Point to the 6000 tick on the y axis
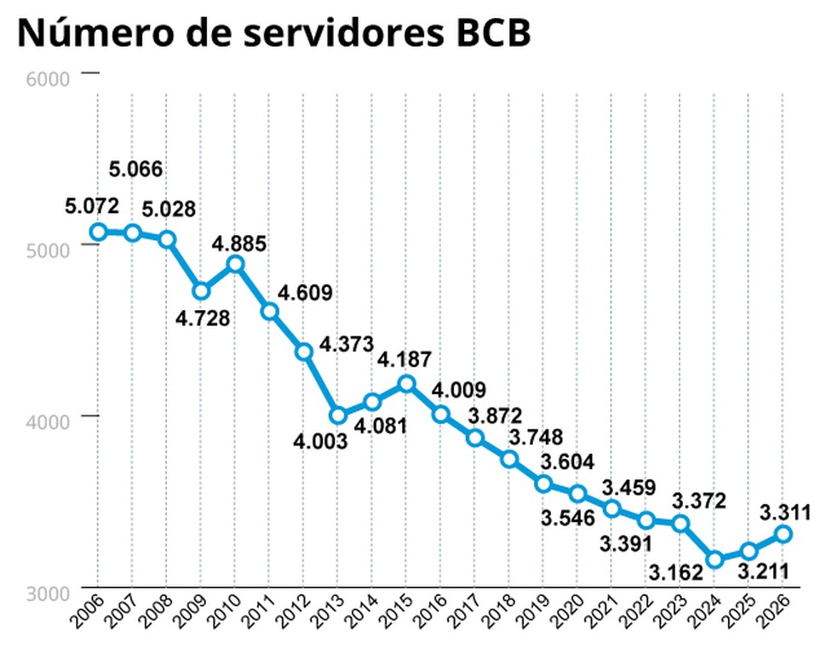[x=49, y=79]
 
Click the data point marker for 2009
[x=201, y=291]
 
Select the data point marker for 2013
[x=338, y=416]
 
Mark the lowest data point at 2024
[x=715, y=559]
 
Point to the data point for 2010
[x=236, y=264]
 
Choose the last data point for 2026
[x=783, y=534]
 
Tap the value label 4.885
[x=239, y=244]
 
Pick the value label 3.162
[x=677, y=571]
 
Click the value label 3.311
[x=784, y=512]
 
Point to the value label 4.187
[x=405, y=359]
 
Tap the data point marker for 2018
[x=509, y=459]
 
